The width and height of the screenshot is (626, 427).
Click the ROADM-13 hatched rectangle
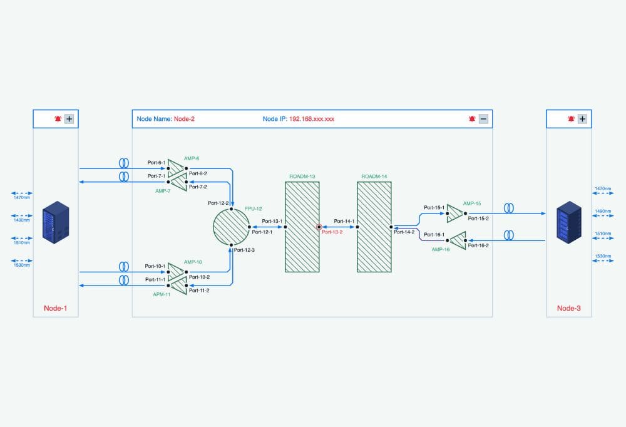pyautogui.click(x=302, y=227)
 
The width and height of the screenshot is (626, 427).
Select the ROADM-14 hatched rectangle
pyautogui.click(x=374, y=227)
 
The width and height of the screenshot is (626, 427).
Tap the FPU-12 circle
pyautogui.click(x=231, y=227)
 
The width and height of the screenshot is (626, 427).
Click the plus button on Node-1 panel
pyautogui.click(x=69, y=118)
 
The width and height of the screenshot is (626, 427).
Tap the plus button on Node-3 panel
pyautogui.click(x=582, y=118)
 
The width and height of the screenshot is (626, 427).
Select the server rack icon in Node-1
pyautogui.click(x=53, y=222)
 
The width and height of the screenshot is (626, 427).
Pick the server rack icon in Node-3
pyautogui.click(x=568, y=222)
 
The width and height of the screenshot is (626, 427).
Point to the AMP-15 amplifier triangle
pyautogui.click(x=455, y=215)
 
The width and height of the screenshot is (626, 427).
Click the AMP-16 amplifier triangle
pyautogui.click(x=458, y=240)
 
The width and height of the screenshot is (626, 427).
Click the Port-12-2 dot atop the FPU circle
pyautogui.click(x=231, y=209)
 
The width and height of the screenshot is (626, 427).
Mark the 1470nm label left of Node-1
pyautogui.click(x=22, y=198)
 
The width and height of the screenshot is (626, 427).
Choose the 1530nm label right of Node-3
pyautogui.click(x=602, y=257)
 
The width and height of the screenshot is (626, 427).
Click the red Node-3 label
pyautogui.click(x=568, y=308)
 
